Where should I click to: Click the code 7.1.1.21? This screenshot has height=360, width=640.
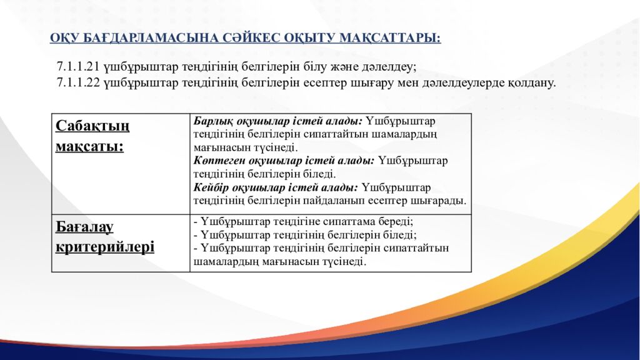point(78,66)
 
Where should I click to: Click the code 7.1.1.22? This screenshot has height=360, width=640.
point(78,82)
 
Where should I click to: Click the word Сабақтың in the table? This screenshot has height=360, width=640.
point(92,126)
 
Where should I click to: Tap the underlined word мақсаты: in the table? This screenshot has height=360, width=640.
point(89,147)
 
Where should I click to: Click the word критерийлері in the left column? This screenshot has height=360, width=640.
point(104,247)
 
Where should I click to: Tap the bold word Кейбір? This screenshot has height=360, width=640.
point(210,187)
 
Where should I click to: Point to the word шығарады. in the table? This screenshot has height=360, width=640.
point(444,201)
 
